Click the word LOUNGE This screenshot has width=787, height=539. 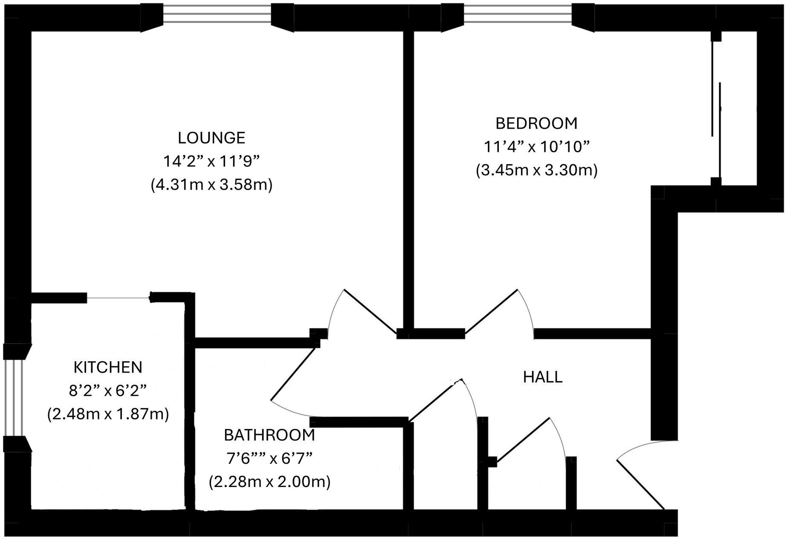[211, 138]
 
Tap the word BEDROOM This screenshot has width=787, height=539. [536, 124]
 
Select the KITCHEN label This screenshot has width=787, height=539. [108, 368]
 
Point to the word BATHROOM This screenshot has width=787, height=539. [269, 435]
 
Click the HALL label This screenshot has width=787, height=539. [543, 377]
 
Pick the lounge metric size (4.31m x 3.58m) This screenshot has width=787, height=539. [211, 185]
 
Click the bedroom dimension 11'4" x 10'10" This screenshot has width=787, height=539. [536, 147]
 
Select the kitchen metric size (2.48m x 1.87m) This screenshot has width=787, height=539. [108, 414]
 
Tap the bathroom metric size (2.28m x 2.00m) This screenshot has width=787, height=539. [269, 482]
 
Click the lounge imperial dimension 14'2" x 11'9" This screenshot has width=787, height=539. [211, 162]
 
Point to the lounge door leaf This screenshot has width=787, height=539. [370, 312]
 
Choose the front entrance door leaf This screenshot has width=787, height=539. [641, 485]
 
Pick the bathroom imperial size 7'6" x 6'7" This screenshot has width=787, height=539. [269, 459]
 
